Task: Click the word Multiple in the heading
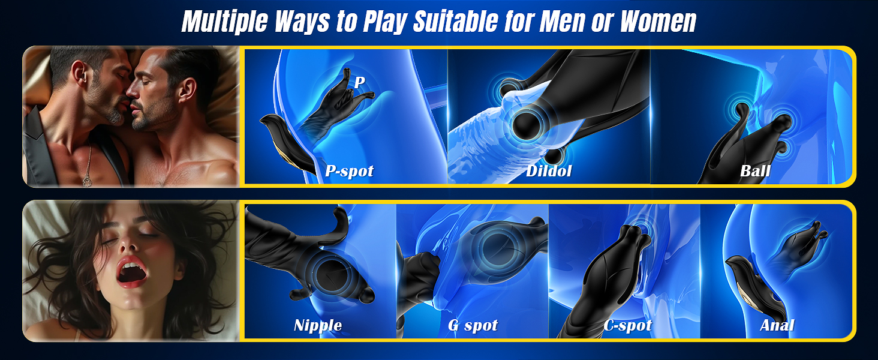tap(225, 22)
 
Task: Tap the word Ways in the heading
tap(302, 22)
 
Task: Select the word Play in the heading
tap(385, 22)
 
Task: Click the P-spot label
tap(349, 171)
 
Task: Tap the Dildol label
tap(549, 170)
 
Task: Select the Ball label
tap(755, 170)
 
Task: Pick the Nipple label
tap(318, 325)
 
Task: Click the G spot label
tap(473, 325)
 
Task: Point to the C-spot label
tap(627, 325)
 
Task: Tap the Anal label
tap(777, 325)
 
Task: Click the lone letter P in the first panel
tap(359, 82)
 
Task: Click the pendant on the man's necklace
tap(87, 181)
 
